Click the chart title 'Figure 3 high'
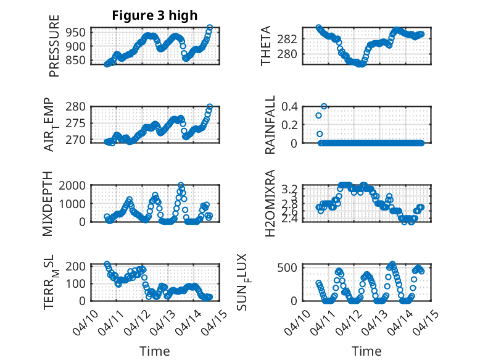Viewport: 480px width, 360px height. [154, 15]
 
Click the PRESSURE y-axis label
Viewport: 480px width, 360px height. [54, 46]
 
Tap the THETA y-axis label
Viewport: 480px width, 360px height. [266, 46]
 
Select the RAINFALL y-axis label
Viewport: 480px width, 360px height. [270, 125]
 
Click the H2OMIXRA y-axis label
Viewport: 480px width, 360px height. [270, 204]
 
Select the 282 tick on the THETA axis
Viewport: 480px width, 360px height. [291, 39]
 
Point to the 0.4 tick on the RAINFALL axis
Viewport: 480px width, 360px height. [291, 106]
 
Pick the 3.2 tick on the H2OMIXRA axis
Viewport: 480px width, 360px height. [291, 188]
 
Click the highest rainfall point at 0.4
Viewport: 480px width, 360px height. [324, 106]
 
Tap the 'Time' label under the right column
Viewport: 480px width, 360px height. [366, 351]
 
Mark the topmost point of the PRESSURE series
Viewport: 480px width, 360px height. [210, 28]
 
